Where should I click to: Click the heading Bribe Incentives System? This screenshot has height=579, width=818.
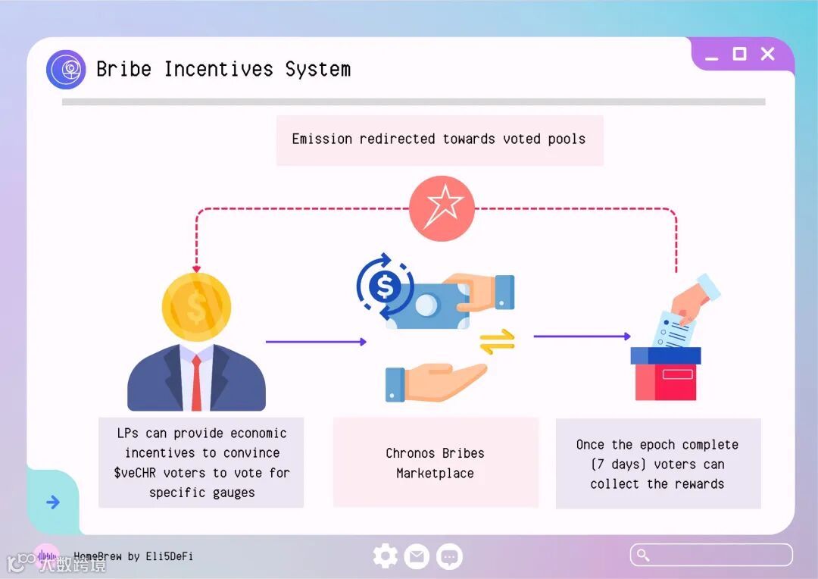[223, 69]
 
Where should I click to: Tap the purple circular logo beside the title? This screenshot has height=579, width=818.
[66, 70]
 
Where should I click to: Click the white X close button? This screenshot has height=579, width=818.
[767, 54]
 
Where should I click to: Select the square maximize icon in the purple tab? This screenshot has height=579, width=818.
[739, 54]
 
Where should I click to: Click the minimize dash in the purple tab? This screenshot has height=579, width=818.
[711, 58]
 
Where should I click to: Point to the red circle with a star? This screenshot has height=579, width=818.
[442, 208]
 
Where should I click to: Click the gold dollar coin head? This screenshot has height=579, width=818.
[196, 307]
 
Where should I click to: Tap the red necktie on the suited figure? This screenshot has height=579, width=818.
[196, 382]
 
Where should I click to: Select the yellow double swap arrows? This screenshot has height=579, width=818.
[497, 341]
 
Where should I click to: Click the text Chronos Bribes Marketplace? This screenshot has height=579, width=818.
[435, 463]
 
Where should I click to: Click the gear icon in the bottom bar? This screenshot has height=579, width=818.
[386, 557]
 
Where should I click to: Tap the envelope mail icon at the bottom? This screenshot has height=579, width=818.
[417, 557]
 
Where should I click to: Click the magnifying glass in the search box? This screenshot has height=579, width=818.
[643, 555]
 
